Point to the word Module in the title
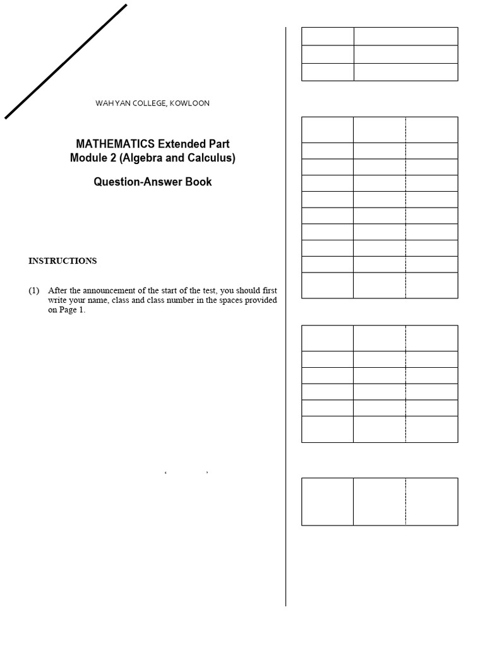[x=87, y=158]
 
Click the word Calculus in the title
[x=212, y=158]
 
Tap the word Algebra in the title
[x=141, y=158]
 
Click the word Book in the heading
[x=198, y=182]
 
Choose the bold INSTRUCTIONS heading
[x=63, y=261]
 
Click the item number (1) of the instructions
[x=34, y=291]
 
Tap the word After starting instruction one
[x=58, y=291]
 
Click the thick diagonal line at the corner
[x=66, y=61]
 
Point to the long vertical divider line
[x=286, y=315]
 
